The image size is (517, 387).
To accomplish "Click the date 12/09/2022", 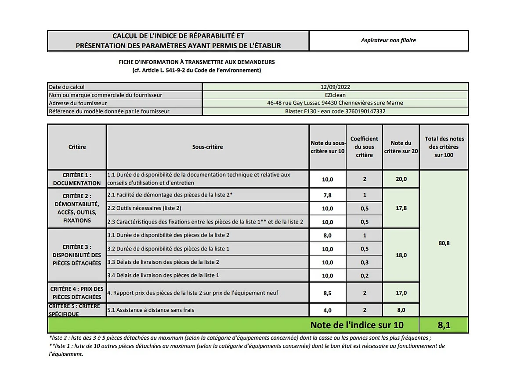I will click(x=335, y=87).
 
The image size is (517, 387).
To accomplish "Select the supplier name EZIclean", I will click(x=335, y=95).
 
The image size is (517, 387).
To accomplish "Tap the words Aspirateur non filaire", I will click(x=388, y=40).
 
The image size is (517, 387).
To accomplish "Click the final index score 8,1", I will click(x=444, y=325).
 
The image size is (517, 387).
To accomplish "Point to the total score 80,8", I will click(x=444, y=243).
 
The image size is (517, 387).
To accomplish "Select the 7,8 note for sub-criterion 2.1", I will click(x=327, y=195).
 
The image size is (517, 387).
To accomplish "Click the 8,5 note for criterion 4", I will click(x=327, y=293).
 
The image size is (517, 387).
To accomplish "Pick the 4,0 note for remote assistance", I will click(x=327, y=310).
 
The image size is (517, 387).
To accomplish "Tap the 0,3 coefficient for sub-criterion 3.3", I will click(x=364, y=262).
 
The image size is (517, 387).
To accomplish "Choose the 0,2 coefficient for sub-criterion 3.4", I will click(x=364, y=276).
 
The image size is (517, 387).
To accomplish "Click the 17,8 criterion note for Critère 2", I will click(x=401, y=208).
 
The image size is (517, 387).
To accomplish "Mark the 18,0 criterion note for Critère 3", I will click(x=401, y=255).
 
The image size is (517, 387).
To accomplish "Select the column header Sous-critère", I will click(x=207, y=147).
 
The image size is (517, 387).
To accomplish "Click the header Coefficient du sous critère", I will click(x=364, y=147).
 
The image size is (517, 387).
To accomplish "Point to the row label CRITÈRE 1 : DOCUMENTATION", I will click(x=77, y=179).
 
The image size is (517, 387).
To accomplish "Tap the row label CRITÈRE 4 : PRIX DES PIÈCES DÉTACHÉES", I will click(x=77, y=293).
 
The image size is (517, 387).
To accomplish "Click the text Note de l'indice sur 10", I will click(x=357, y=325).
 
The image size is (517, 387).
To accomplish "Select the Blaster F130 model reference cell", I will click(x=335, y=111).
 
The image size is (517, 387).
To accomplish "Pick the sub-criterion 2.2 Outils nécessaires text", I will click(x=144, y=208).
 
